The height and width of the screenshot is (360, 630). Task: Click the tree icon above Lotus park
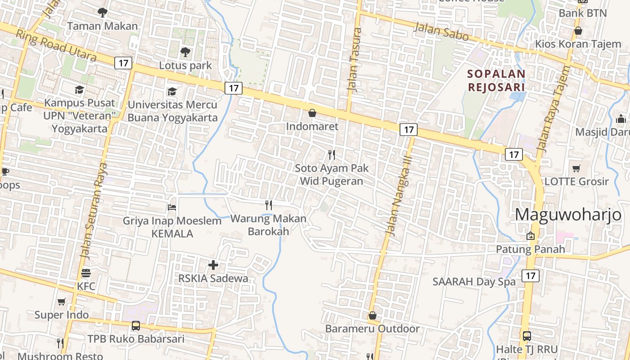click(185, 52)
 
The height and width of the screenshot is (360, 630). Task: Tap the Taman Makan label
click(103, 26)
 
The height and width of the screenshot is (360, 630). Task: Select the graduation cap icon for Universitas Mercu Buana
click(172, 91)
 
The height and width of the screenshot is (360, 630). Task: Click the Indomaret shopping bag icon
click(312, 113)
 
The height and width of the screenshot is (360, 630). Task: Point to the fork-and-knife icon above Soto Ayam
click(332, 155)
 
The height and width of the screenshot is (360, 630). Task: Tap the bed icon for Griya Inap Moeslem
click(172, 207)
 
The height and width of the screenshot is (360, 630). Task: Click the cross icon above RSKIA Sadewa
click(213, 265)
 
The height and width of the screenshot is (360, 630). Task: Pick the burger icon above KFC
click(86, 273)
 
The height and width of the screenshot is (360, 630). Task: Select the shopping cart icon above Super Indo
click(62, 302)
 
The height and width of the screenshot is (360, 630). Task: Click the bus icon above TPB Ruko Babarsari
click(135, 326)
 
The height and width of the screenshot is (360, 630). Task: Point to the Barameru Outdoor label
click(372, 328)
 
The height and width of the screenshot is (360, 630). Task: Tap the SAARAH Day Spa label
click(474, 282)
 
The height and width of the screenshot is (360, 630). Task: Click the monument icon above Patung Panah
click(531, 236)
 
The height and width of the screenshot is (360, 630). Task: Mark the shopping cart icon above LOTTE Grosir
click(576, 169)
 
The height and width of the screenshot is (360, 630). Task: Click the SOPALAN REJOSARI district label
click(496, 80)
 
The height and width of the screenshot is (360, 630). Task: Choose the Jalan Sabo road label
click(441, 31)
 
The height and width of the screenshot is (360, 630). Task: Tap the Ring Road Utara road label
click(56, 45)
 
